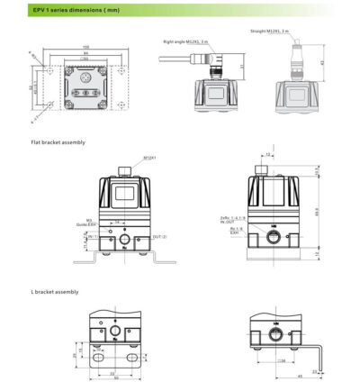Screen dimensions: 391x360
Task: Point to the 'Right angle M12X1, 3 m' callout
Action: [x=185, y=41]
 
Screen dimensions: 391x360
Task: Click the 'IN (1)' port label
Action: [x=91, y=236]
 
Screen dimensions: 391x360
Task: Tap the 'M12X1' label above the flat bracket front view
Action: [x=149, y=159]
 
